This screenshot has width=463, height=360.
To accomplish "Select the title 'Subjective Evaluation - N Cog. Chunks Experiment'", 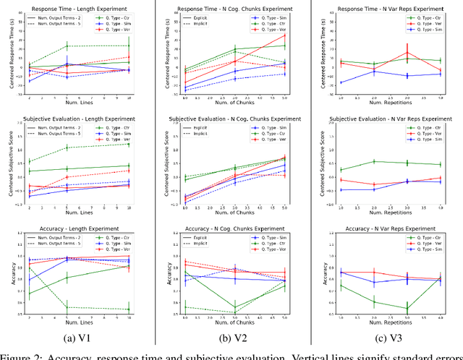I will (x=232, y=119).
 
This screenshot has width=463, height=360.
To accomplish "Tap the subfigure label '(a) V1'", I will (x=78, y=337).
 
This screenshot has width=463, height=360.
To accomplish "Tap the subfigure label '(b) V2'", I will (x=233, y=337).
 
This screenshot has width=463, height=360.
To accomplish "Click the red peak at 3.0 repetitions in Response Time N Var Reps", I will (x=407, y=52).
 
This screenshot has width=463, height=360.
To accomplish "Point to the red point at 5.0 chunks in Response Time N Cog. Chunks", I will (x=284, y=35).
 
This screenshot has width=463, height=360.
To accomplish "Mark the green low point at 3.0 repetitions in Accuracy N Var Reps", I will (x=407, y=309).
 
